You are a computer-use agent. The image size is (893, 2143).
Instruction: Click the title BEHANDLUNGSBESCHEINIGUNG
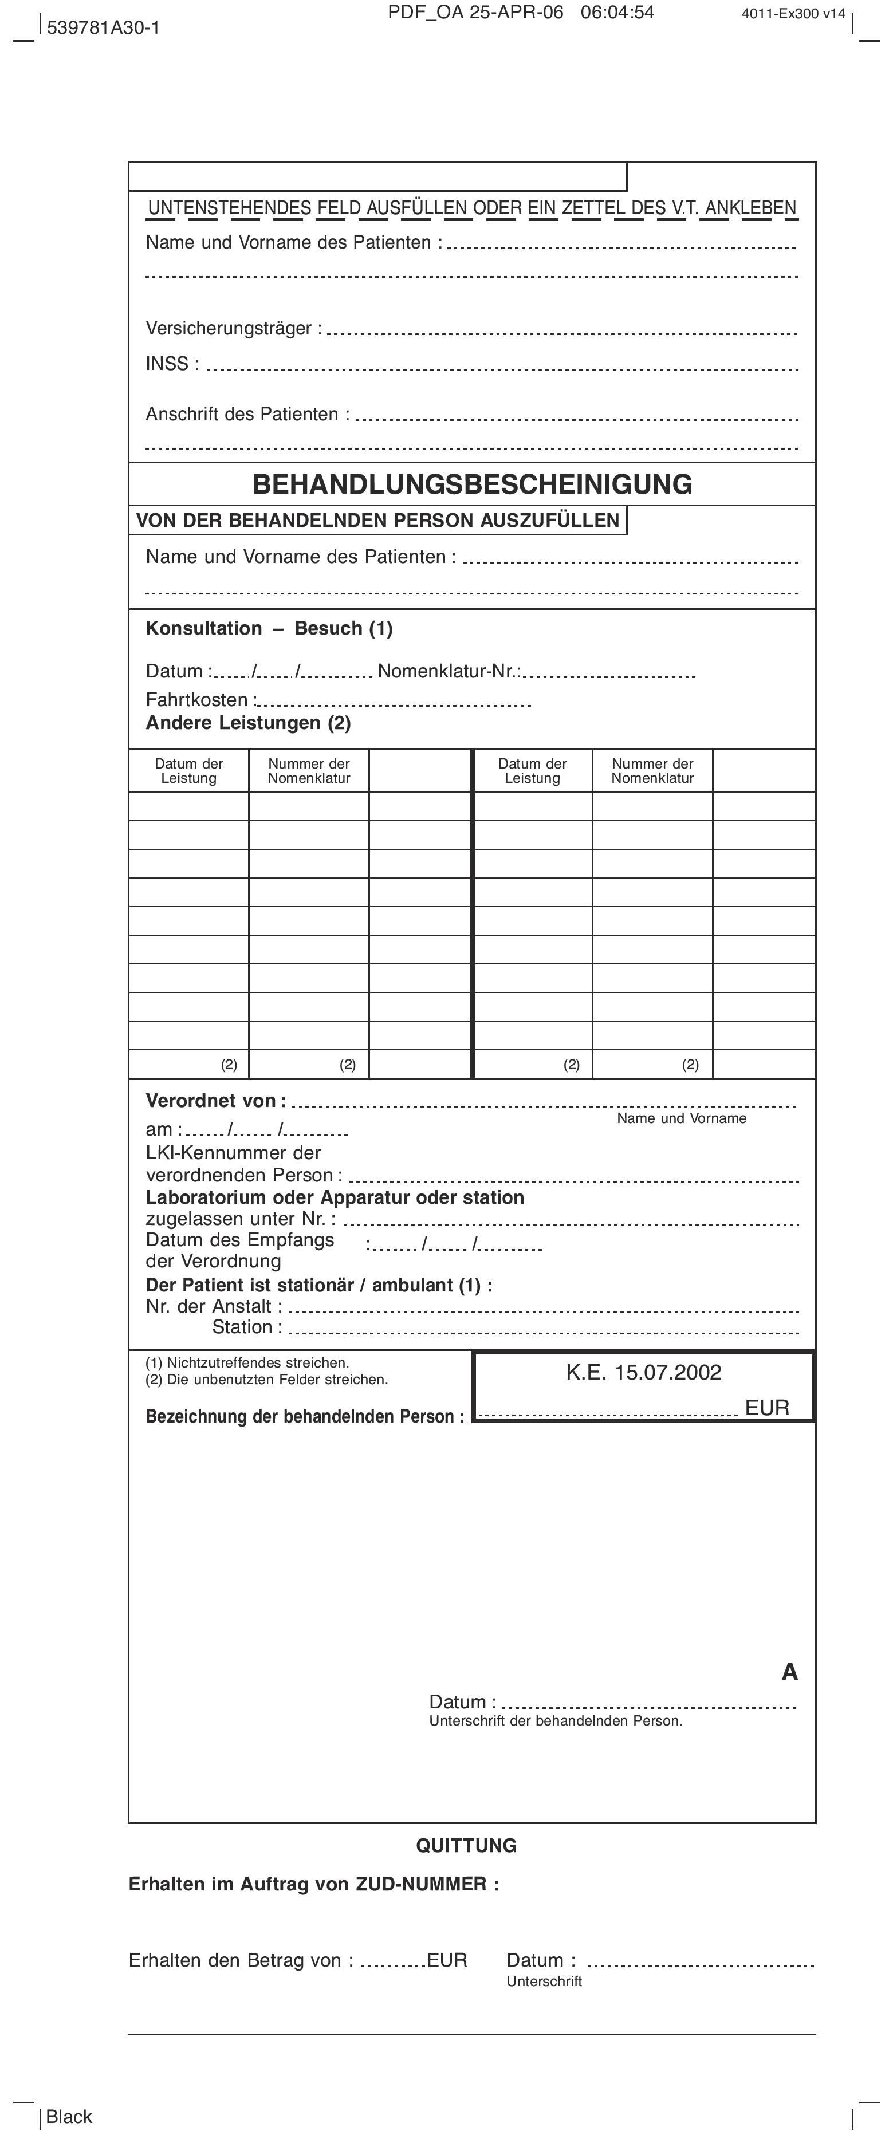[x=472, y=484]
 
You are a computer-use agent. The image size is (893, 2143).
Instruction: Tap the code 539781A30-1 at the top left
[x=103, y=27]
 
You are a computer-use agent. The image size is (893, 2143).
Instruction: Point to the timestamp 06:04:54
[x=617, y=13]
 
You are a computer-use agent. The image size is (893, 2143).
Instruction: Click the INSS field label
[x=171, y=364]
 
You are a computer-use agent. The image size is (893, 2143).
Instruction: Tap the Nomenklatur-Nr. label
[x=449, y=671]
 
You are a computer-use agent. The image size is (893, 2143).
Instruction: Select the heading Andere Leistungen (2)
[x=248, y=723]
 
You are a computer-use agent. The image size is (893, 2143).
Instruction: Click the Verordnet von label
[x=215, y=1101]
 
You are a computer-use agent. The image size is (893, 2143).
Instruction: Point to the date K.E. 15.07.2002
[x=643, y=1373]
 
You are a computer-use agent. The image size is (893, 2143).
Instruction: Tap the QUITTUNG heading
[x=466, y=1845]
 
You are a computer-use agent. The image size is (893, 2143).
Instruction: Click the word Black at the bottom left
[x=69, y=2117]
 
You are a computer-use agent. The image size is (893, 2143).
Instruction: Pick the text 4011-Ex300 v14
[x=793, y=13]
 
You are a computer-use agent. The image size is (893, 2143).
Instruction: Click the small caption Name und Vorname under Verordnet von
[x=682, y=1119]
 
